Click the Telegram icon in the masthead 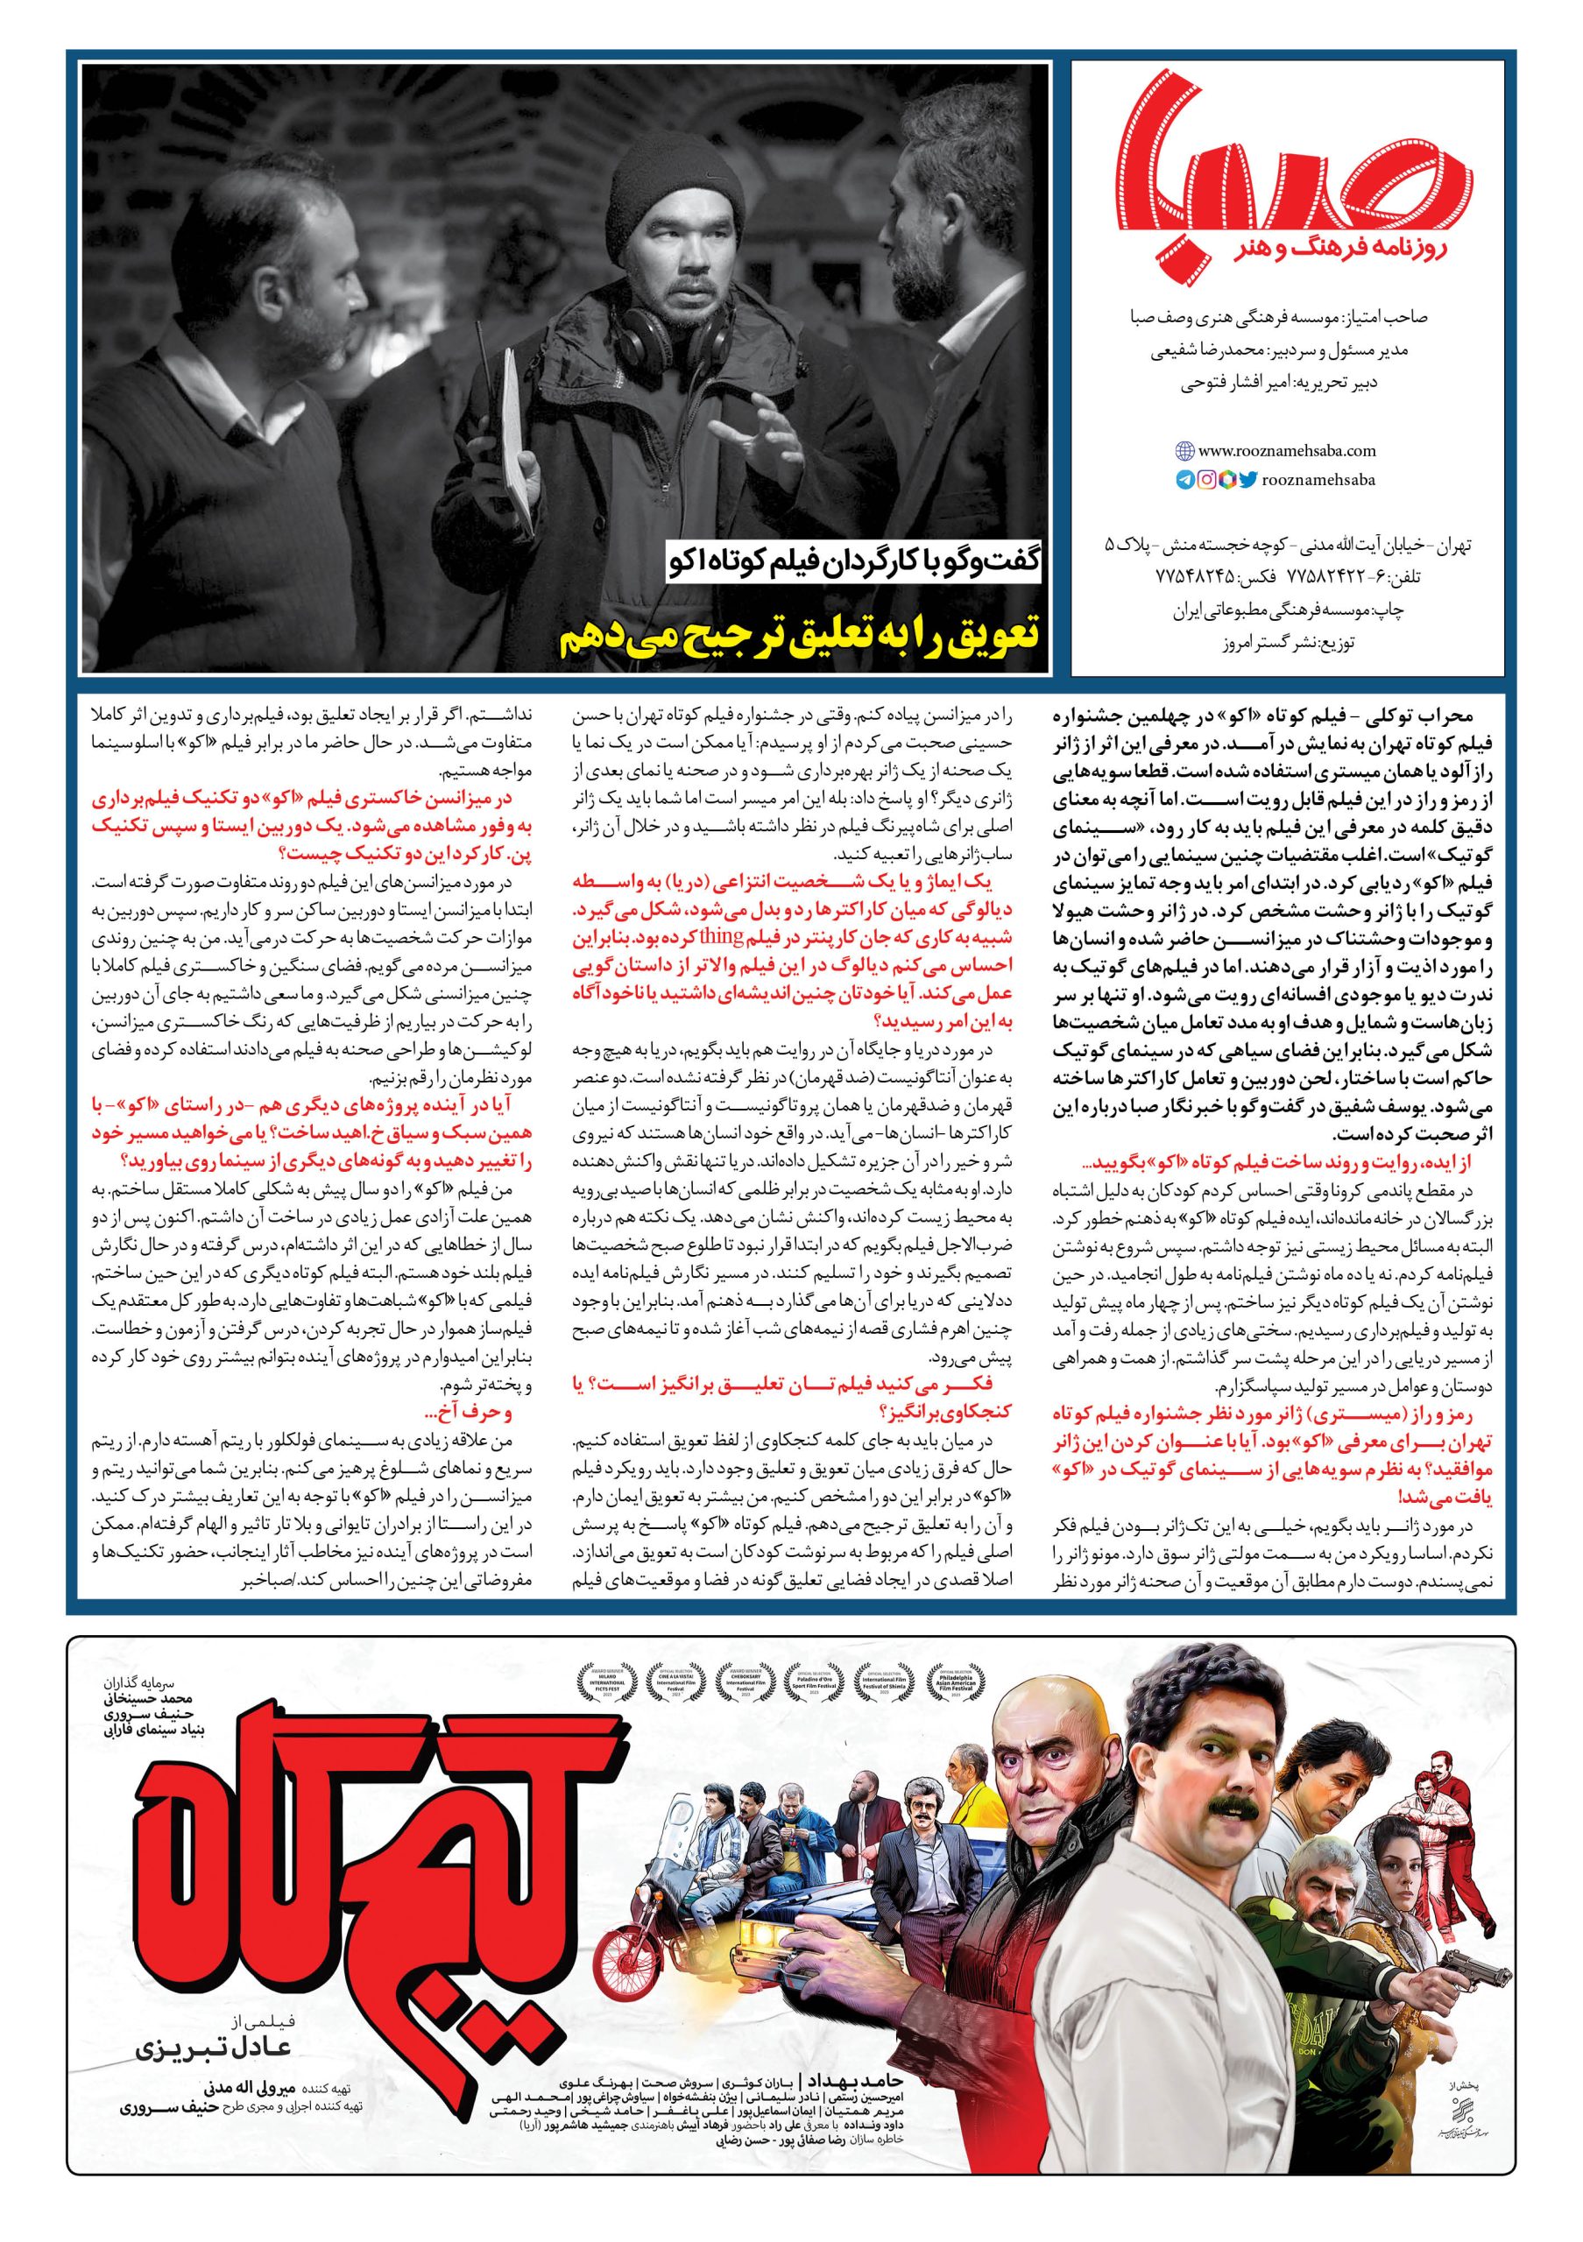(x=1184, y=479)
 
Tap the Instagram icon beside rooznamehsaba (x=1206, y=479)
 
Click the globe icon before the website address (x=1184, y=451)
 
